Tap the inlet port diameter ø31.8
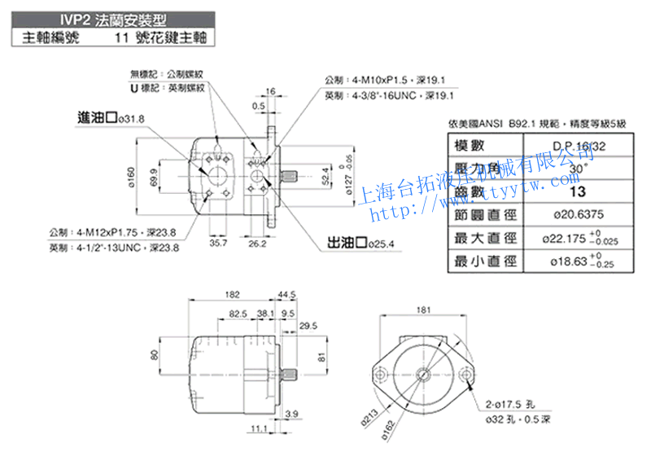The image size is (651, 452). (x=130, y=119)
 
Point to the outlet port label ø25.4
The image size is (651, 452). (x=382, y=243)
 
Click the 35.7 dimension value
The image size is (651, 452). (x=218, y=243)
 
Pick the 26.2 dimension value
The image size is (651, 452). (x=257, y=243)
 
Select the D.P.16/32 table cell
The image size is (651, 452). (x=579, y=146)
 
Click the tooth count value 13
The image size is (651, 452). (x=578, y=192)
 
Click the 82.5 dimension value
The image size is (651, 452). (x=238, y=313)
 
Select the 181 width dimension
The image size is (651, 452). (x=422, y=309)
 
